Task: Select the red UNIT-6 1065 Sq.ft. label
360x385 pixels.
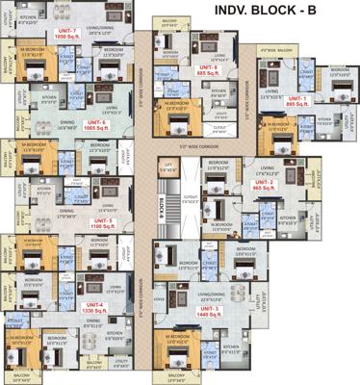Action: (94, 125)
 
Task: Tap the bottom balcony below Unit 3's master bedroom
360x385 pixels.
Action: (179, 375)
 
